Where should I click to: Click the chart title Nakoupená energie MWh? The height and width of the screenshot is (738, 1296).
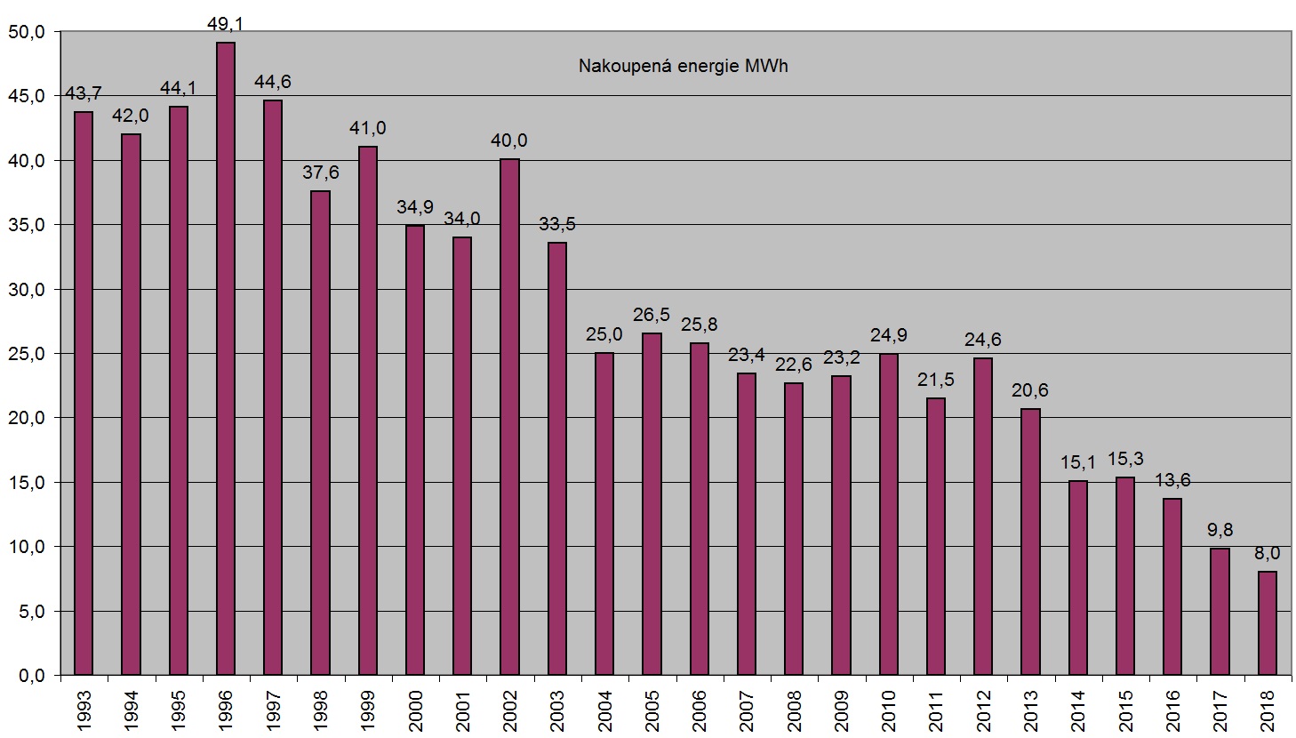(683, 67)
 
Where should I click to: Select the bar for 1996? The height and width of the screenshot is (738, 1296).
(226, 358)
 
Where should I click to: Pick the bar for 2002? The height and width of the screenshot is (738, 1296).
(509, 417)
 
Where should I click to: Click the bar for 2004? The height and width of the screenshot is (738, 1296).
(604, 513)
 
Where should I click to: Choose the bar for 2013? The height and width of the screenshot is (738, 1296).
(1030, 541)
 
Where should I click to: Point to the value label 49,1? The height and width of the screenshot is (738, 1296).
(226, 25)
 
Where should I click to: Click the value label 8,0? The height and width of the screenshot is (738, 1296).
(1267, 553)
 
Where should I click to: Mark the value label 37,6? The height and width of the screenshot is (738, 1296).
(320, 172)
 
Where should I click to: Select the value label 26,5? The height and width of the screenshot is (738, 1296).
(652, 315)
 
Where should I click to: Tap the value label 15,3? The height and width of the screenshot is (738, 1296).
(1125, 459)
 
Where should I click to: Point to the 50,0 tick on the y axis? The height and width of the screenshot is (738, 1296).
(27, 32)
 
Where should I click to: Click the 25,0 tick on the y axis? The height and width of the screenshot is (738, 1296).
(27, 354)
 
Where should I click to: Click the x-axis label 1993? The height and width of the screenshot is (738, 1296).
(84, 708)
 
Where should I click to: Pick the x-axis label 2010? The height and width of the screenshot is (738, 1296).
(888, 708)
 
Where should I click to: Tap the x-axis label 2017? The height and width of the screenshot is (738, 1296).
(1220, 708)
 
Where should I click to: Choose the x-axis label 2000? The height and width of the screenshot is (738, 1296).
(415, 708)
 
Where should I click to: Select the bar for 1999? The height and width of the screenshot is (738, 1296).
(368, 411)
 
